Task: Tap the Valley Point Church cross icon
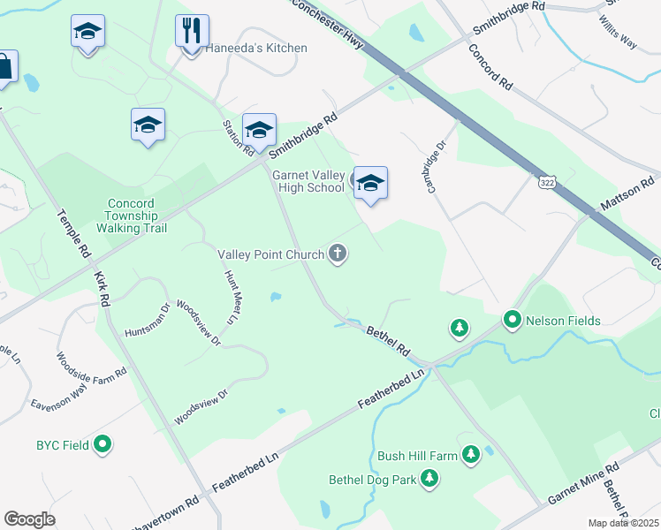click(337, 254)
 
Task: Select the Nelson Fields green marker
click(512, 320)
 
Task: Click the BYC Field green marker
click(103, 444)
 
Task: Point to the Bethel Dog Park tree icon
click(429, 479)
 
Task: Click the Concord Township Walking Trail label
click(132, 216)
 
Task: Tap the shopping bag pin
click(4, 67)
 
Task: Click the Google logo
click(29, 519)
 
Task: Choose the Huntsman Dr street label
click(147, 322)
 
